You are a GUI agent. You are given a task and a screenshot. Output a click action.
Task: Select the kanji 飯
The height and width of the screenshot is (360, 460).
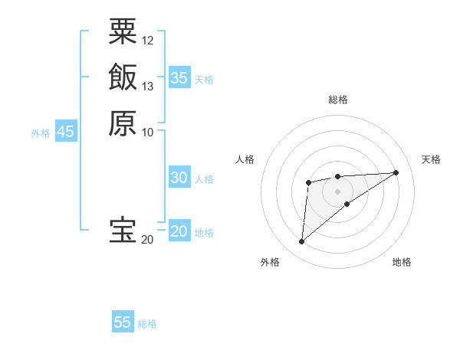[123, 77]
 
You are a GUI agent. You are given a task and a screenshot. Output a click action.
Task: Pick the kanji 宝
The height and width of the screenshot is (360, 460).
[123, 231]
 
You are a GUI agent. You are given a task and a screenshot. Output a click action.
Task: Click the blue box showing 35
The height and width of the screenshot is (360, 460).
[179, 77]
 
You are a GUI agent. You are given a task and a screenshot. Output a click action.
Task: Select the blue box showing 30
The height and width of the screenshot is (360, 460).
[179, 178]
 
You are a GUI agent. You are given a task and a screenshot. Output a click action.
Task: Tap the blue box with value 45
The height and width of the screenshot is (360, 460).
[65, 132]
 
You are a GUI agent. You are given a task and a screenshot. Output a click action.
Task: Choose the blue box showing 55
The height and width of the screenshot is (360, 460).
[123, 322]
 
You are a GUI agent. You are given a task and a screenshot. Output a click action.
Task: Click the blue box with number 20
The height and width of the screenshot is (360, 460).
[179, 231]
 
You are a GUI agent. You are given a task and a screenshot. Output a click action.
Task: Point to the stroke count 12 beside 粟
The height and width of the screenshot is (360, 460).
[148, 40]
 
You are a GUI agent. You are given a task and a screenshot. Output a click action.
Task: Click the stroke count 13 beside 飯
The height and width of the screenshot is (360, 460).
[148, 86]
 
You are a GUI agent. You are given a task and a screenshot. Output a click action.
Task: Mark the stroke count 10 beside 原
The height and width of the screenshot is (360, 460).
[148, 132]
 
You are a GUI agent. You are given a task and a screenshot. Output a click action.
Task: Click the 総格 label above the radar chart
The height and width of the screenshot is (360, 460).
[338, 100]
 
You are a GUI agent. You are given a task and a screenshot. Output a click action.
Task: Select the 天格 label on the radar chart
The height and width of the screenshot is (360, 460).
[431, 159]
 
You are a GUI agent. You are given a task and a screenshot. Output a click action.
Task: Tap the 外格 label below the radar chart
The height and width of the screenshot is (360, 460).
[269, 262]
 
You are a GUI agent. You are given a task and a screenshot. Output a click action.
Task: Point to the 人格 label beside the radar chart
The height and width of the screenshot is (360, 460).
[245, 159]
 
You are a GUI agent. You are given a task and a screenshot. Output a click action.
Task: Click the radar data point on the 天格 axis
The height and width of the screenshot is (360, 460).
[396, 172]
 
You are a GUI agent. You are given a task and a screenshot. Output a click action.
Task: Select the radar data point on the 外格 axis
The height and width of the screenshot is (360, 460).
[302, 242]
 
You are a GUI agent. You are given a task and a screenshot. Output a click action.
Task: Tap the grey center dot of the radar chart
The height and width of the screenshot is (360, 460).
[338, 191]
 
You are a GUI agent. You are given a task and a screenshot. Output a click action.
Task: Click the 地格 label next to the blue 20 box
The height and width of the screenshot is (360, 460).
[204, 233]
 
